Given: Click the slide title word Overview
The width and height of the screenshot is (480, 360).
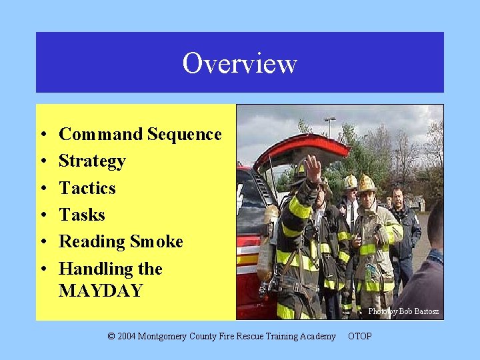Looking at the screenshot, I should [x=239, y=63].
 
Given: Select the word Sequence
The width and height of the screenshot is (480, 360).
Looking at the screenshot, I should [x=185, y=134].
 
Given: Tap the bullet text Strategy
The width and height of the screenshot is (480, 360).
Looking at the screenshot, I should [x=92, y=161].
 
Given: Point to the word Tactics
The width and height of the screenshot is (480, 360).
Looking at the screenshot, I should [x=87, y=188].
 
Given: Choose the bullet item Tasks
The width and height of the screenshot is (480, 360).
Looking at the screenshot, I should [x=82, y=215].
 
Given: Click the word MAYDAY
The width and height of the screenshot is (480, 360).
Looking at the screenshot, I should [x=101, y=291].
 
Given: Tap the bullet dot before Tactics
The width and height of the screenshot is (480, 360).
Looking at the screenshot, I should [x=42, y=189].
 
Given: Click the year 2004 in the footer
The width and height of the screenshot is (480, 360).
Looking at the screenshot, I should [x=127, y=336].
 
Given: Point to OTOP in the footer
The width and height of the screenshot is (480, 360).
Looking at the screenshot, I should [x=360, y=336].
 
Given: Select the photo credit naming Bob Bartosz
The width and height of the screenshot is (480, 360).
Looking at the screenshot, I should [x=405, y=311].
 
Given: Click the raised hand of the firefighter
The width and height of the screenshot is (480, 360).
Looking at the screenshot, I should [x=313, y=167].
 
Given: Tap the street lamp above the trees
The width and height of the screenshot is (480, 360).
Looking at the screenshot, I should [x=329, y=119].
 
